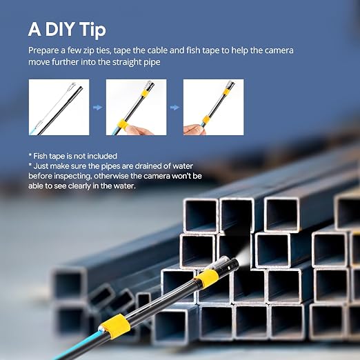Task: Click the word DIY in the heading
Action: pyautogui.click(x=60, y=29)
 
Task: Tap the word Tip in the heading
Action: pyautogui.click(x=93, y=30)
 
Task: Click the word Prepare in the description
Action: pyautogui.click(x=43, y=50)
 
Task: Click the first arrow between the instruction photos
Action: pyautogui.click(x=97, y=107)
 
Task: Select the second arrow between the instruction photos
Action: pyautogui.click(x=174, y=107)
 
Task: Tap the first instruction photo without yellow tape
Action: pyautogui.click(x=59, y=107)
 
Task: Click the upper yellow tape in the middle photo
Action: pyautogui.click(x=145, y=94)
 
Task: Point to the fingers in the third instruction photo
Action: pyautogui.click(x=194, y=130)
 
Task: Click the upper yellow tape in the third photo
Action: pyautogui.click(x=226, y=92)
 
